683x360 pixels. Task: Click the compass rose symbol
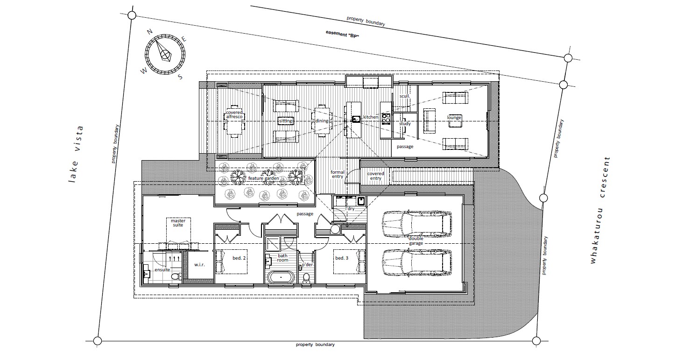(165, 55)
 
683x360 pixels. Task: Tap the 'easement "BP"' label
(342, 34)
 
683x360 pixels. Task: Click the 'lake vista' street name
(75, 154)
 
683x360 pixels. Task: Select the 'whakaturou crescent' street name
(599, 210)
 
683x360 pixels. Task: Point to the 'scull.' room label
(405, 96)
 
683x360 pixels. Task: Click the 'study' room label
(405, 124)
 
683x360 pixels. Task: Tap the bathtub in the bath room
(281, 278)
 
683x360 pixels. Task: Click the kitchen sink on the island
(356, 119)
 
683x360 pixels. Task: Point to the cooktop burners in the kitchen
(386, 119)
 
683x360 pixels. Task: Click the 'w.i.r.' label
(199, 264)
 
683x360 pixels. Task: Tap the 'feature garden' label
(263, 178)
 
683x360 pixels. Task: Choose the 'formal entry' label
(337, 174)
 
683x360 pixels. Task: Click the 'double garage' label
(416, 241)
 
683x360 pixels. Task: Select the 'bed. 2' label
(239, 258)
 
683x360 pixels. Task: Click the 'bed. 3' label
(342, 258)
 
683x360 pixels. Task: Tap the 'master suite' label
(178, 223)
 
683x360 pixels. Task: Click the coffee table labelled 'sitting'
(286, 121)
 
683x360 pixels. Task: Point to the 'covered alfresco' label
(234, 114)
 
